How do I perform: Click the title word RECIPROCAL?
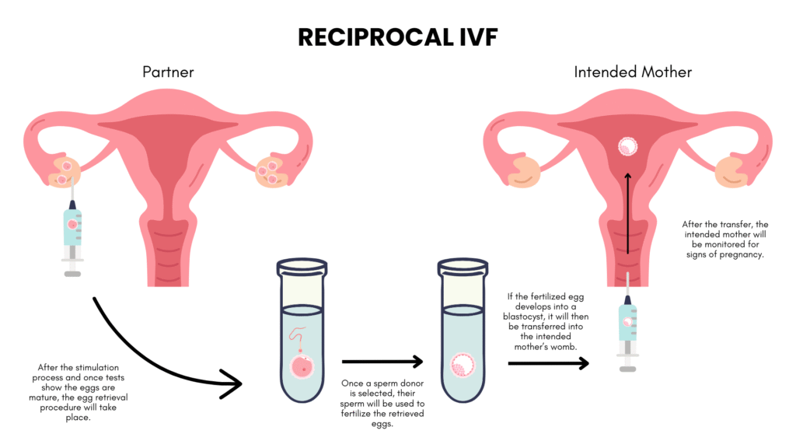375,37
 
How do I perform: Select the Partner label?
168,72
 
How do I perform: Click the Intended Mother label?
633,72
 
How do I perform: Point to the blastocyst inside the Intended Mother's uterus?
627,146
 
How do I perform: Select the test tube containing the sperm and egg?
302,330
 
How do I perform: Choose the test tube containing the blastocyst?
463,330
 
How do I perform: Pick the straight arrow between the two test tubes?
382,362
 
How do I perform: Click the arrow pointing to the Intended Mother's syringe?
548,363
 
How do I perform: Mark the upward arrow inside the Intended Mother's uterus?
628,213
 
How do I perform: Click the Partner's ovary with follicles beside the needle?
65,172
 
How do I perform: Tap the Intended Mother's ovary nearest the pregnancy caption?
732,172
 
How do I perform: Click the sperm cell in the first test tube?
298,338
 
